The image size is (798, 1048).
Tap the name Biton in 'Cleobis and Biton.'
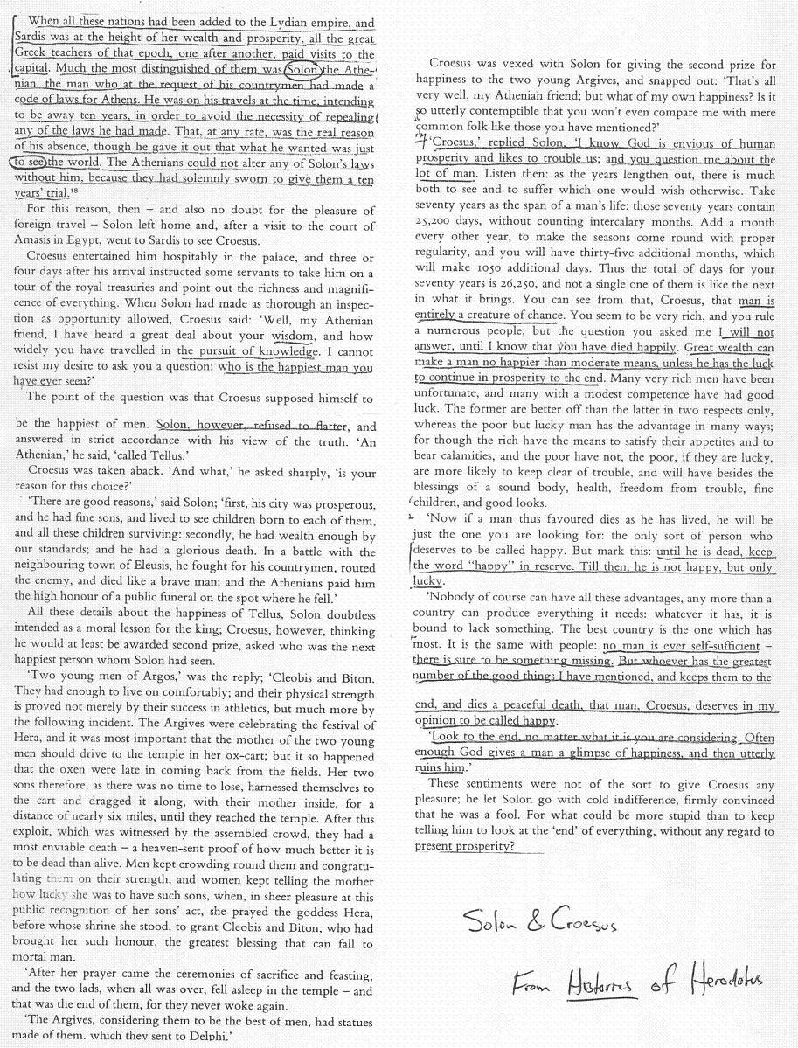[354, 678]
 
